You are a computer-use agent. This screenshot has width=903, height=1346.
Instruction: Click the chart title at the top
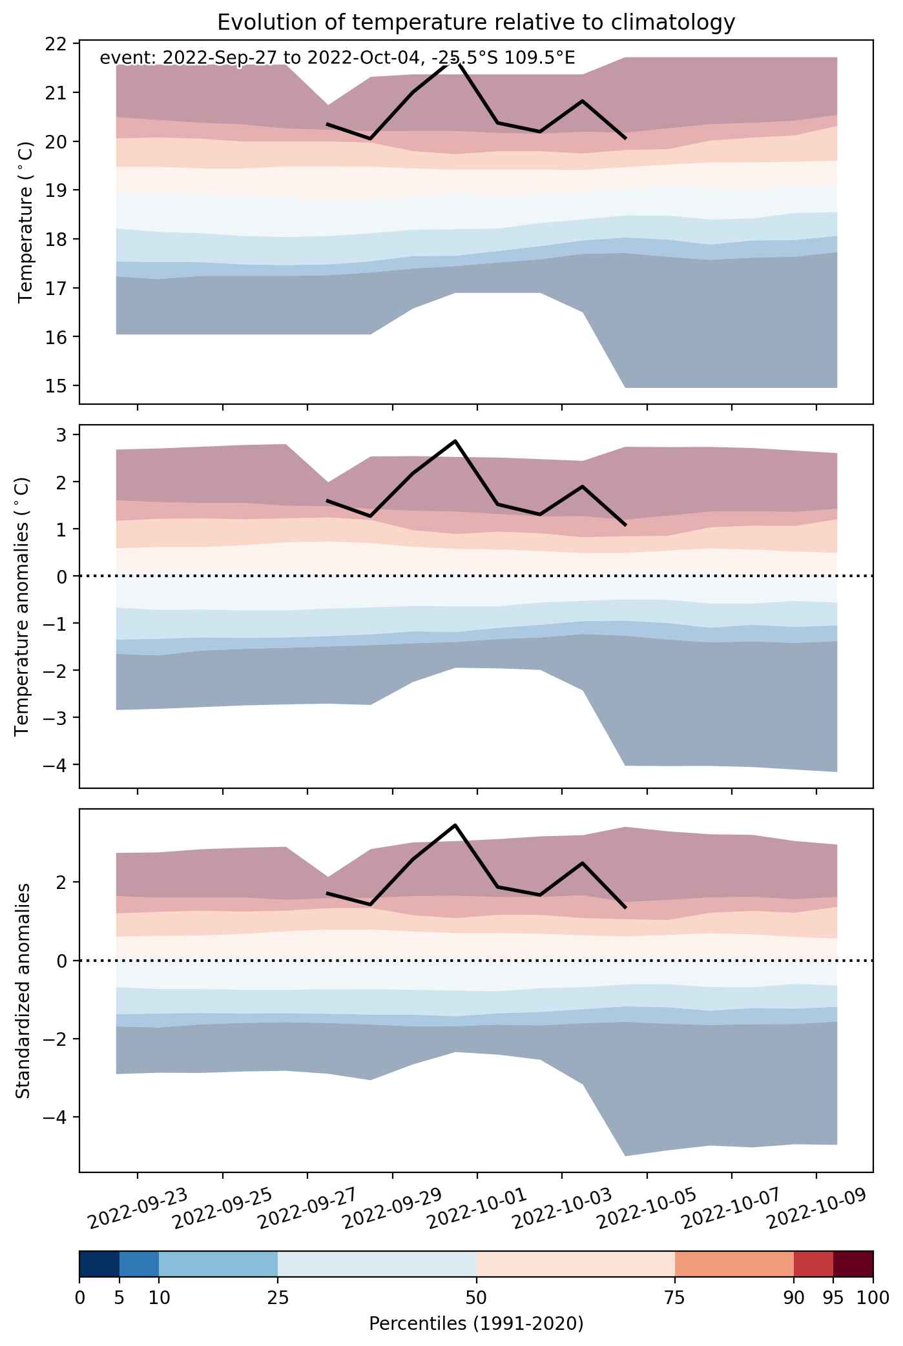[x=476, y=23]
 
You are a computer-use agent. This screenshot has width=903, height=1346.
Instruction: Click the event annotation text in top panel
[x=337, y=58]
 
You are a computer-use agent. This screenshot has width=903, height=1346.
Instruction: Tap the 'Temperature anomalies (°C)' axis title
[x=22, y=606]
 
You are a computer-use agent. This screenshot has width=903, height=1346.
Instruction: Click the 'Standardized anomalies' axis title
[x=22, y=990]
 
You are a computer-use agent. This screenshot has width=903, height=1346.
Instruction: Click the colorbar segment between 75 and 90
[x=734, y=1264]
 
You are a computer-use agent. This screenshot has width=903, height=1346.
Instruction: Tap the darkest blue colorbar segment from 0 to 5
[x=99, y=1264]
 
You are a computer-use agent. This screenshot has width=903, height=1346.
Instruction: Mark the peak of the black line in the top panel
[x=455, y=60]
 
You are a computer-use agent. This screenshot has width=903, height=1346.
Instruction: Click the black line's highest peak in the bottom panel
[x=455, y=825]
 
